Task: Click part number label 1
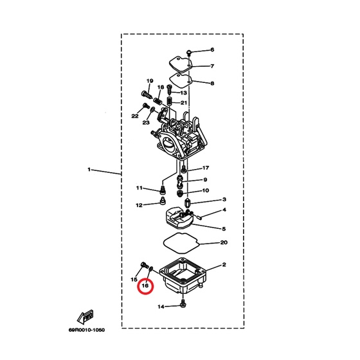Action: (89, 170)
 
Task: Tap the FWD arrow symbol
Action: (85, 316)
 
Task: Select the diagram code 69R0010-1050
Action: (87, 330)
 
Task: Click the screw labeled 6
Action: (189, 52)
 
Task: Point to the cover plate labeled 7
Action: (181, 64)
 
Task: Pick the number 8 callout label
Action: (212, 84)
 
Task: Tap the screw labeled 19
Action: (147, 94)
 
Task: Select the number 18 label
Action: (161, 87)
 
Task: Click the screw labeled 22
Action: (146, 105)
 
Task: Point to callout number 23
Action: (146, 123)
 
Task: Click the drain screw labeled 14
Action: (183, 303)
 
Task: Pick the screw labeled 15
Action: (144, 265)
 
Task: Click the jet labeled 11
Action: (163, 190)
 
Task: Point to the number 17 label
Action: (206, 168)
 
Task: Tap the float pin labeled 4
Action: (199, 217)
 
